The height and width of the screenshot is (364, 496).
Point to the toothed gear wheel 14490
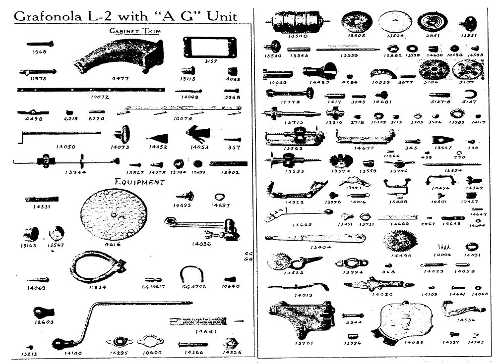click(399, 241)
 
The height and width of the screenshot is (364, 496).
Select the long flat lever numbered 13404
click(315, 239)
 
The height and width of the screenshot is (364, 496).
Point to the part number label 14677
click(364, 148)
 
